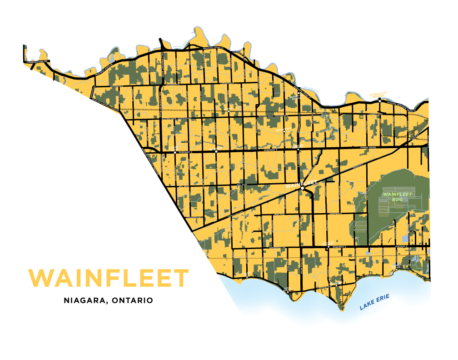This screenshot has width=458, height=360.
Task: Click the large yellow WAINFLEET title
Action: click(108, 278)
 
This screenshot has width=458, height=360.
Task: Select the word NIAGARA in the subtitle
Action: click(84, 300)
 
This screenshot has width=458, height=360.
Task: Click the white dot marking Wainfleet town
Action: click(302, 187)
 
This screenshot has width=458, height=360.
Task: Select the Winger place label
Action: click(216, 148)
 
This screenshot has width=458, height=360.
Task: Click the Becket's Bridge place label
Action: click(298, 96)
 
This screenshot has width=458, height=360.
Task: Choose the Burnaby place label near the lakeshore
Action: click(336, 283)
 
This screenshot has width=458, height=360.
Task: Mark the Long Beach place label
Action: click(287, 288)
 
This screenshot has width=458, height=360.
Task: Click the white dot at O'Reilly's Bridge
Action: click(379, 101)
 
